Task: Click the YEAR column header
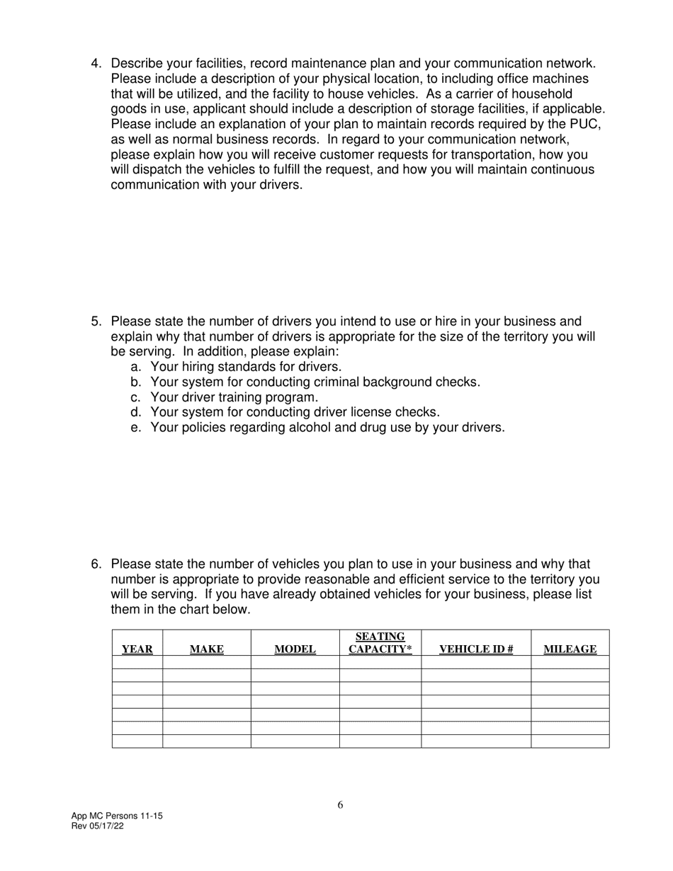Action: [137, 649]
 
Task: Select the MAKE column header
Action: [207, 649]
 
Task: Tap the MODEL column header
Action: [295, 649]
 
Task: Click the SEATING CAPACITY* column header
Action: [380, 642]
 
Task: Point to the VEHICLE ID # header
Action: [476, 649]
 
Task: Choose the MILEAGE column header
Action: [570, 649]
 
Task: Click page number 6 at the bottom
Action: [341, 804]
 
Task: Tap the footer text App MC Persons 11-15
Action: [117, 816]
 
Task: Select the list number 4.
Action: [96, 64]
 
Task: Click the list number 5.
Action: [96, 321]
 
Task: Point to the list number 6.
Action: [96, 564]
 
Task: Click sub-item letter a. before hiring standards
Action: [136, 367]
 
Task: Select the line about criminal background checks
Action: [315, 382]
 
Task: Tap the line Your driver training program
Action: [234, 397]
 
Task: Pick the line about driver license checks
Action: [295, 412]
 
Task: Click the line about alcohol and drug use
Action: [327, 428]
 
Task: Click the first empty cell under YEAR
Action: [137, 662]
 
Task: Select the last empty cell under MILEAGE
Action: [570, 741]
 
